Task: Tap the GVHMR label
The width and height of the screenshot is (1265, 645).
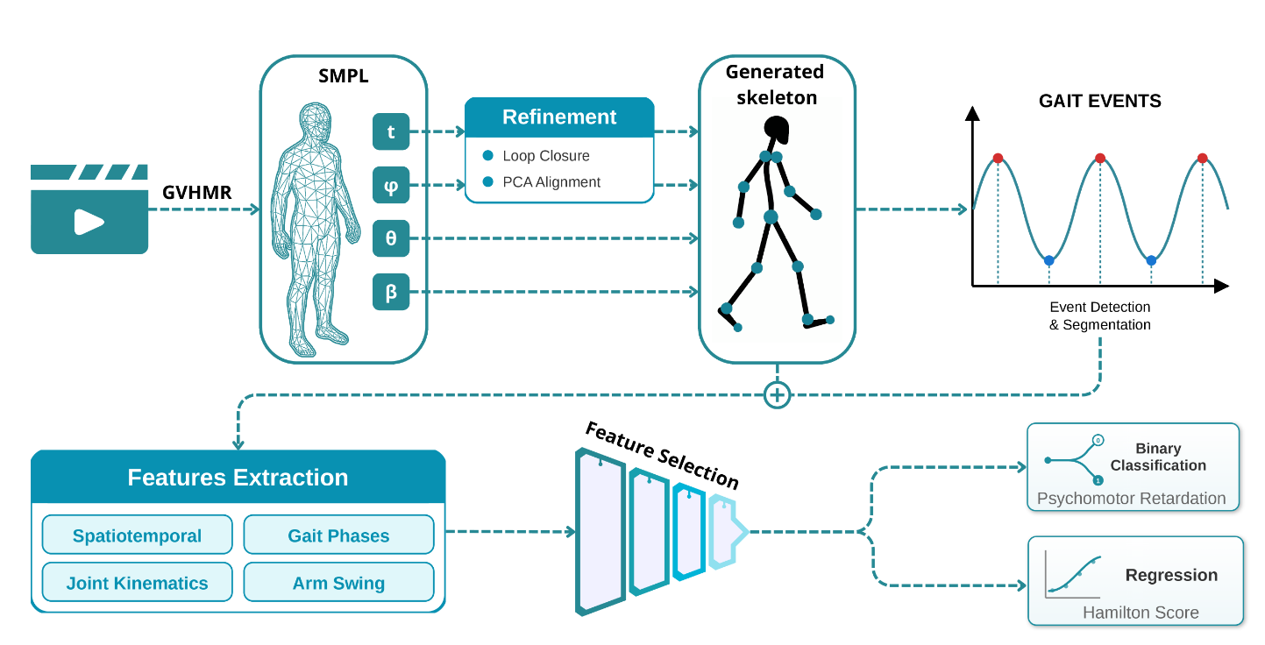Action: click(196, 193)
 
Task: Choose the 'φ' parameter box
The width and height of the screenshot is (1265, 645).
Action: click(391, 185)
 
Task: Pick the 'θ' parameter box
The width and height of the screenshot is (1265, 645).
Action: click(391, 237)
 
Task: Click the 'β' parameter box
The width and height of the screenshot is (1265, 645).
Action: click(391, 292)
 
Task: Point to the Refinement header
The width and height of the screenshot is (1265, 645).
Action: click(559, 117)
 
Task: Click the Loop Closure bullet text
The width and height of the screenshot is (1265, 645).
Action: click(546, 156)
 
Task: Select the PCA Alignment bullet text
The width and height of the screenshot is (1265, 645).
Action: click(551, 182)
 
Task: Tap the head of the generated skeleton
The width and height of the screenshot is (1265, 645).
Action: click(776, 130)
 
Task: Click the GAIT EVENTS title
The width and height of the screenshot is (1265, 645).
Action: click(1099, 101)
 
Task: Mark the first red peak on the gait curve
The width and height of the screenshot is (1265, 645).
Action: click(998, 159)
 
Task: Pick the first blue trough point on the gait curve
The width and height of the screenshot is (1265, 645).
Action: click(1048, 261)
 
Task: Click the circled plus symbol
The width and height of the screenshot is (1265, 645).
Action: click(777, 395)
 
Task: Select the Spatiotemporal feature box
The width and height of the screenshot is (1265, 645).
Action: click(137, 535)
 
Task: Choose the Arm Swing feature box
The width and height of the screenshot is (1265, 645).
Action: click(338, 583)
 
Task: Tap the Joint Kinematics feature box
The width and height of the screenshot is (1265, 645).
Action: click(137, 583)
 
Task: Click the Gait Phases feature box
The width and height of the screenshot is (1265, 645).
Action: click(338, 535)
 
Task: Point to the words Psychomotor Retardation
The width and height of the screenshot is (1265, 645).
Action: click(1131, 499)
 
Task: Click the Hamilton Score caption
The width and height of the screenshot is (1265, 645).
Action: click(1141, 613)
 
